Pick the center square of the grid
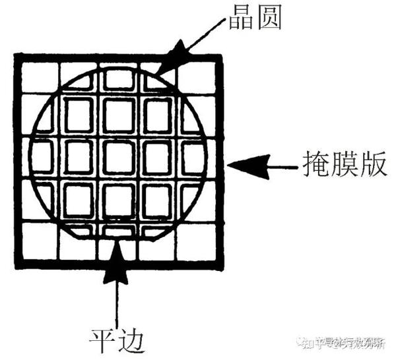118,158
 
